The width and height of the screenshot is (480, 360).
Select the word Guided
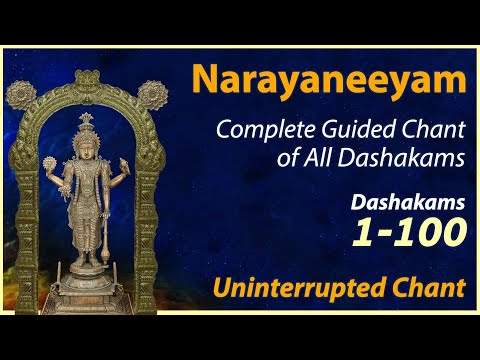tap(351, 130)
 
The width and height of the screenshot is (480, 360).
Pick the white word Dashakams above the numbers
tap(408, 203)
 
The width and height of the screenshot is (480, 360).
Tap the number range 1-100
tap(408, 233)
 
